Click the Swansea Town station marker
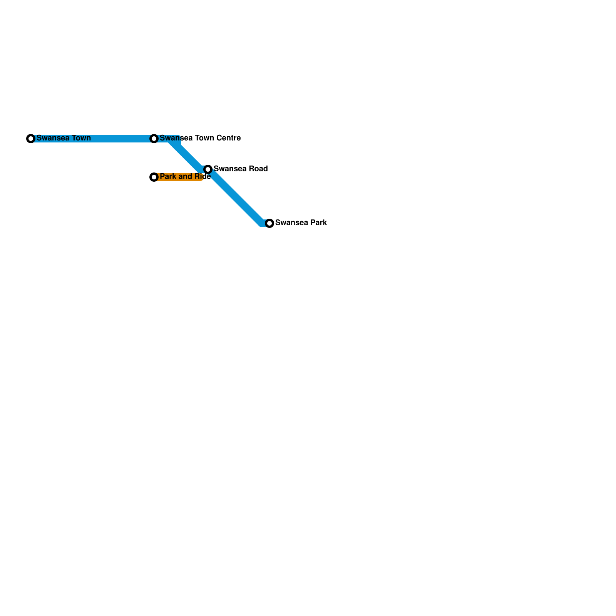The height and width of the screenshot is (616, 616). tap(31, 139)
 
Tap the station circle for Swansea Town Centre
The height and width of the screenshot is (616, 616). tap(154, 139)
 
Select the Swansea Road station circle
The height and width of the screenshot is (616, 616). tap(208, 169)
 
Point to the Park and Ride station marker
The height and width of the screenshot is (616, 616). tap(154, 177)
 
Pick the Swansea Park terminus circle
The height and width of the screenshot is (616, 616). tap(269, 223)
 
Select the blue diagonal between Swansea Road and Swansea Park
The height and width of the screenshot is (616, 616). tap(237, 198)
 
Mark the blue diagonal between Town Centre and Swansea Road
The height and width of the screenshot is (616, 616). tap(189, 154)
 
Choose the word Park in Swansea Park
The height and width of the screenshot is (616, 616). tap(319, 223)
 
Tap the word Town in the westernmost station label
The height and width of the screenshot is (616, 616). tap(81, 138)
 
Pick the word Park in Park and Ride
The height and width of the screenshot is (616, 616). tap(167, 176)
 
